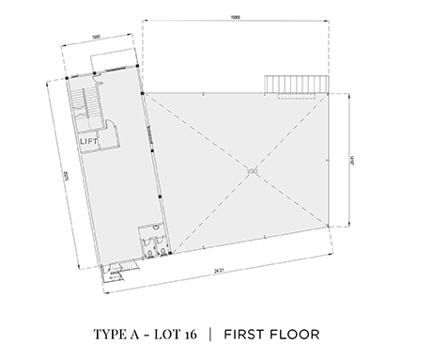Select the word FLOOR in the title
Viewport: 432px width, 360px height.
tap(296, 334)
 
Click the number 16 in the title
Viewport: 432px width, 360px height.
tap(193, 334)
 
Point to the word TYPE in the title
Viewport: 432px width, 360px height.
tap(111, 334)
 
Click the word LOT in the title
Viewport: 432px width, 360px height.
tap(167, 334)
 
